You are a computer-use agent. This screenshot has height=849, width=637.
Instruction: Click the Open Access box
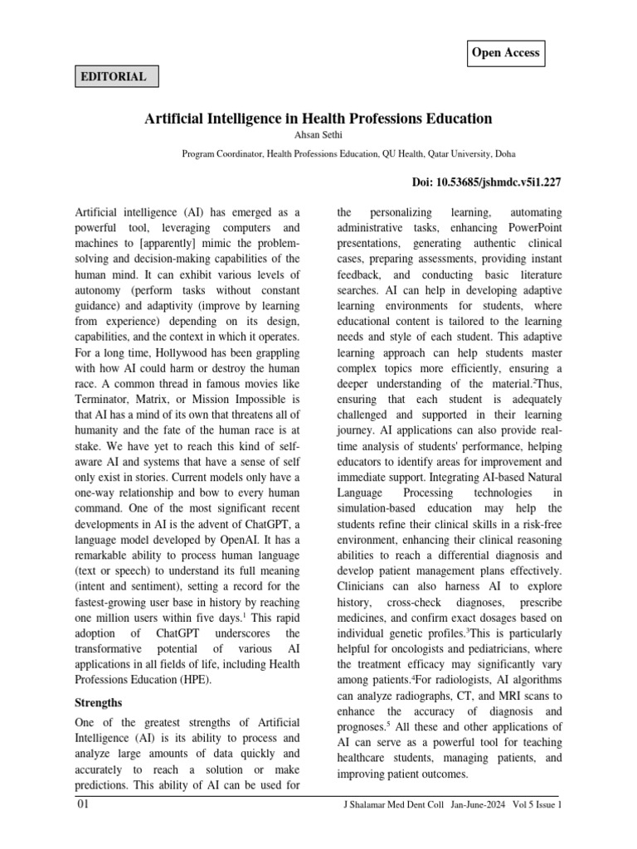505,53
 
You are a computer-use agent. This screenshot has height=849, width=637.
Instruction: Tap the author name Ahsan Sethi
318,136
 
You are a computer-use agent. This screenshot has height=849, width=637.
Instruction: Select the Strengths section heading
99,702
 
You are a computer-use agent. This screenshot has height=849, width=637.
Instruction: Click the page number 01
83,805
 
